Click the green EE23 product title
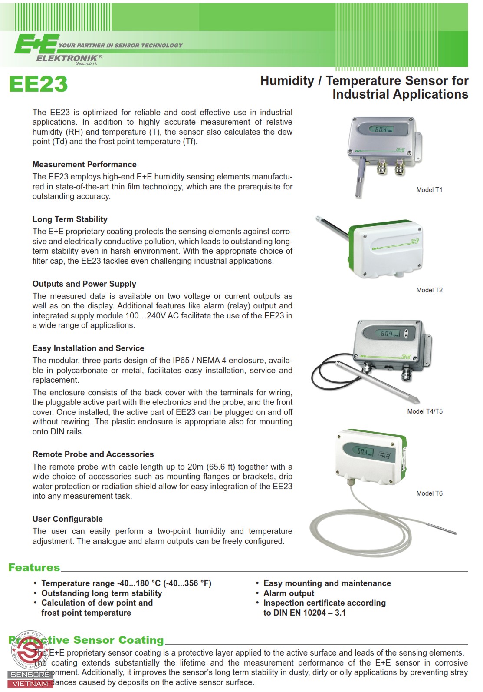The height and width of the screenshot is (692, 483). pyautogui.click(x=38, y=84)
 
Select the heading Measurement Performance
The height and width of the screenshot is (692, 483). pyautogui.click(x=84, y=165)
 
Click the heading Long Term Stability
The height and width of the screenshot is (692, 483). pyautogui.click(x=70, y=219)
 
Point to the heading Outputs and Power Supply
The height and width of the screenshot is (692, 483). pyautogui.click(x=84, y=284)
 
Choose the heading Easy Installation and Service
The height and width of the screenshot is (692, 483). pyautogui.click(x=88, y=348)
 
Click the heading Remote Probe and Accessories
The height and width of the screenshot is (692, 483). pyautogui.click(x=93, y=454)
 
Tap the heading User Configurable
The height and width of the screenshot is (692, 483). pyautogui.click(x=67, y=519)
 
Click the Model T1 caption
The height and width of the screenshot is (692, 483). pyautogui.click(x=429, y=190)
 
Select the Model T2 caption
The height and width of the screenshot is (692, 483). pyautogui.click(x=429, y=290)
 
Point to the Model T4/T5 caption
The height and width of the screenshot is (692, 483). pyautogui.click(x=425, y=411)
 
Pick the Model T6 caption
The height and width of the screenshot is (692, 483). pyautogui.click(x=429, y=493)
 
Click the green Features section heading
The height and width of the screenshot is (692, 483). pyautogui.click(x=34, y=568)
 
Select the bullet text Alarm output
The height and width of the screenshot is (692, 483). pyautogui.click(x=289, y=593)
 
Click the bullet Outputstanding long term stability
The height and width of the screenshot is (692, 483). pyautogui.click(x=102, y=593)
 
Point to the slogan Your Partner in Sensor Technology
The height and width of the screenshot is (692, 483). pyautogui.click(x=121, y=45)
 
